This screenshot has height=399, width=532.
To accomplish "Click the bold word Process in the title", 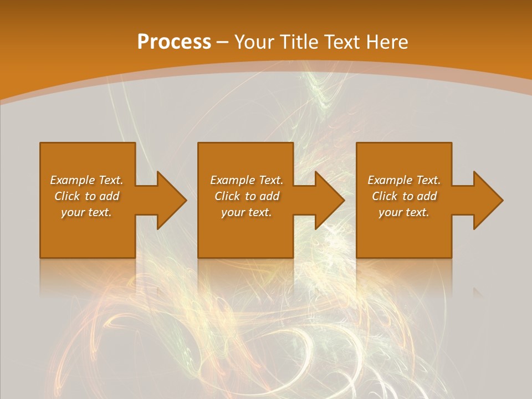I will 174,42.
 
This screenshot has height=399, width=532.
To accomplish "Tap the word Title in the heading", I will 299,42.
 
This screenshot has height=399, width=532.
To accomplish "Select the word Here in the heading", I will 387,42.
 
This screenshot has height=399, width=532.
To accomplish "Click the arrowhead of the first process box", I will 172,200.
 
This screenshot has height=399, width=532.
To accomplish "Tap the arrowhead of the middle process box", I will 330,200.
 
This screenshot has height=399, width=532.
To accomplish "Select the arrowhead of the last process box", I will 488,200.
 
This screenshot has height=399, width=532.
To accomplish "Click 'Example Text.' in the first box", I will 86,180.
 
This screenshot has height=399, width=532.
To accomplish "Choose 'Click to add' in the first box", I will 86,196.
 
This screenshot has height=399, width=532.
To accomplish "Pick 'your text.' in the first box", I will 86,212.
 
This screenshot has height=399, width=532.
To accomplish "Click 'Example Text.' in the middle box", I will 247,180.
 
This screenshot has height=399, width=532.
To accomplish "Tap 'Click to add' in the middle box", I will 247,196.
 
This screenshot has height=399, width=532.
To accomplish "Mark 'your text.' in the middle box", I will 247,212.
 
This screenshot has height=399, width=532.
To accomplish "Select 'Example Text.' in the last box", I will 404,180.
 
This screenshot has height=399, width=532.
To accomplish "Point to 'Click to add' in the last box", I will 404,196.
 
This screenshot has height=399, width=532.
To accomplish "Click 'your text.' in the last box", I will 404,212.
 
